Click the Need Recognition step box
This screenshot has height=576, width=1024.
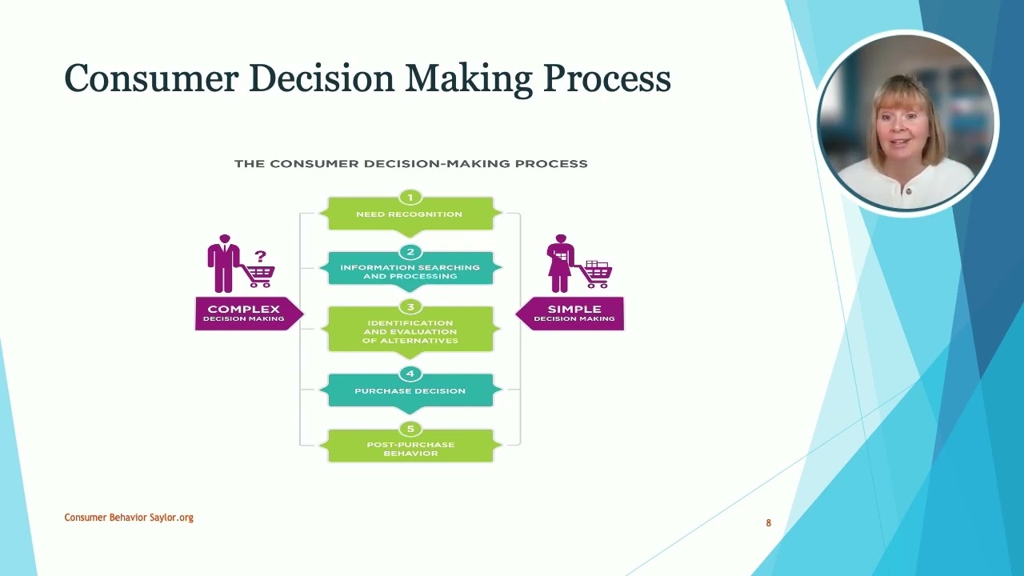pyautogui.click(x=410, y=214)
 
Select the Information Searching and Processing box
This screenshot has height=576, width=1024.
pyautogui.click(x=410, y=272)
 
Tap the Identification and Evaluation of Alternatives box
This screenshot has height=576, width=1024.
pyautogui.click(x=410, y=332)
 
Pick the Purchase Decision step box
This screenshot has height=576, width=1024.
pyautogui.click(x=410, y=391)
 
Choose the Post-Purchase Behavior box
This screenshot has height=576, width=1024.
pyautogui.click(x=410, y=449)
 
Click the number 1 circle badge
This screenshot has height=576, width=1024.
pyautogui.click(x=410, y=198)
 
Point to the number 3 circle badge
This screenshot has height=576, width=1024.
pyautogui.click(x=410, y=307)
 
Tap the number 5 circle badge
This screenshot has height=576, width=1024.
pyautogui.click(x=410, y=429)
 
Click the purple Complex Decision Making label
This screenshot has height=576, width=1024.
pyautogui.click(x=245, y=313)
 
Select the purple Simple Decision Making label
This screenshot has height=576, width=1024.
pyautogui.click(x=574, y=313)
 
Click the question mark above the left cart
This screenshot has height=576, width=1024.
pyautogui.click(x=260, y=256)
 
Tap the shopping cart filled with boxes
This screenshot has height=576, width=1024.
pyautogui.click(x=596, y=274)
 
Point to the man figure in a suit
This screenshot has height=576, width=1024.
pyautogui.click(x=223, y=263)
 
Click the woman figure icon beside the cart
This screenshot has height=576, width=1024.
pyautogui.click(x=561, y=263)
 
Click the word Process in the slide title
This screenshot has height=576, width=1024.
pyautogui.click(x=606, y=79)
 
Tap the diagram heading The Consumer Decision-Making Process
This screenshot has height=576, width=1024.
pyautogui.click(x=410, y=163)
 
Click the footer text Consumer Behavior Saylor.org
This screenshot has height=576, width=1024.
pyautogui.click(x=129, y=518)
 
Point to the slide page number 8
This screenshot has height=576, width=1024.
pyautogui.click(x=768, y=523)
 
